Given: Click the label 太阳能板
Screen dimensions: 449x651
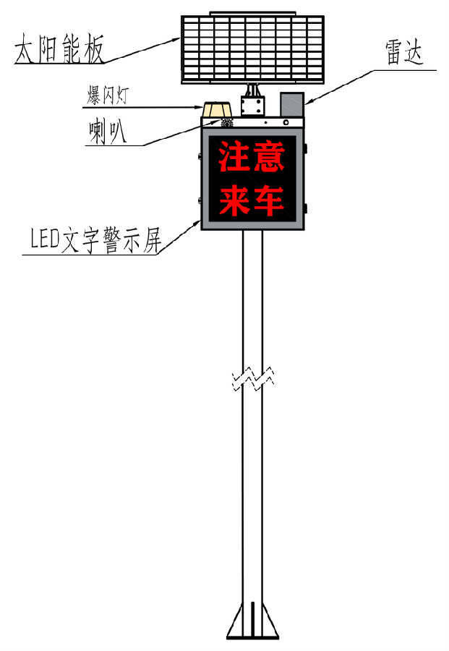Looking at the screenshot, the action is point(59,49).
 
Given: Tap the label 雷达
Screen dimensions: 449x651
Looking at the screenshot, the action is point(403,53).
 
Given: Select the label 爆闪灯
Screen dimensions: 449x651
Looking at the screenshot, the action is point(108,95).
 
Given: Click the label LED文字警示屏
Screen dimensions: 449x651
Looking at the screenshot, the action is point(96,240).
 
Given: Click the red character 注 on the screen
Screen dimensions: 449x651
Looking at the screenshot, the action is point(234,156).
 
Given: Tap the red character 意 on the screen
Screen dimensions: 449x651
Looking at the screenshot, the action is point(269,156).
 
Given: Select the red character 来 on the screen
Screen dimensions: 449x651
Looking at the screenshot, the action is point(234,200).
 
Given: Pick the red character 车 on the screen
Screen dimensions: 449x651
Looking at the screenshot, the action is point(269,200).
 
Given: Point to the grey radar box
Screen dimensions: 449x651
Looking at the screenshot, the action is point(292,104).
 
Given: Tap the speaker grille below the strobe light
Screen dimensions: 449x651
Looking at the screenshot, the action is point(227,123).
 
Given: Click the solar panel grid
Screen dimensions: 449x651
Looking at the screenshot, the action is point(252,49).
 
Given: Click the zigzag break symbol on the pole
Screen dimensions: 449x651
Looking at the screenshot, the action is point(253,378).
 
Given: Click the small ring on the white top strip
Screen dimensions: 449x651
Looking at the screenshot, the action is point(286,122).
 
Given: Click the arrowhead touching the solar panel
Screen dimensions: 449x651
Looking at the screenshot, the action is point(176,41).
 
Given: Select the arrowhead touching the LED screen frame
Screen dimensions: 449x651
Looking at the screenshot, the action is point(197,224).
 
